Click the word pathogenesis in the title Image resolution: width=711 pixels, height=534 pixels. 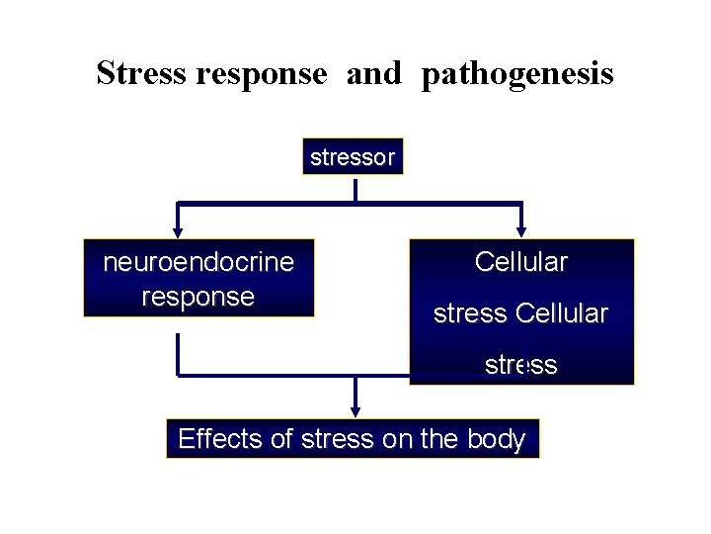point(516,74)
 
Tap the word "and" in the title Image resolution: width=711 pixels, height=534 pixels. point(373,74)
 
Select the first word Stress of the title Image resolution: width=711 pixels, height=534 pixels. point(142,74)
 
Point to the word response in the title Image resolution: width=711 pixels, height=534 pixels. point(262,74)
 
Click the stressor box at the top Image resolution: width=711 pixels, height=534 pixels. point(353,156)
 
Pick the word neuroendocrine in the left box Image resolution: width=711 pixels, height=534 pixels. point(198,262)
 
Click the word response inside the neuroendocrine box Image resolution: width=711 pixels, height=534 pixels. point(198,297)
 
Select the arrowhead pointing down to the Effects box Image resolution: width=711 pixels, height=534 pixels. point(355,412)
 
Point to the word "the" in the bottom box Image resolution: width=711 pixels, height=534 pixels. point(439,439)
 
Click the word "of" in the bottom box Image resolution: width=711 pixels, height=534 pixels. point(281,439)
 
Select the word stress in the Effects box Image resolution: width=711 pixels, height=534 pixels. point(338,439)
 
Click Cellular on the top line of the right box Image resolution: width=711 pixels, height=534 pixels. point(520,262)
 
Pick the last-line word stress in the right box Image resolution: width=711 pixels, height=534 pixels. point(520,365)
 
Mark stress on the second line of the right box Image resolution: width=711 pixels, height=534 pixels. point(471,313)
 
